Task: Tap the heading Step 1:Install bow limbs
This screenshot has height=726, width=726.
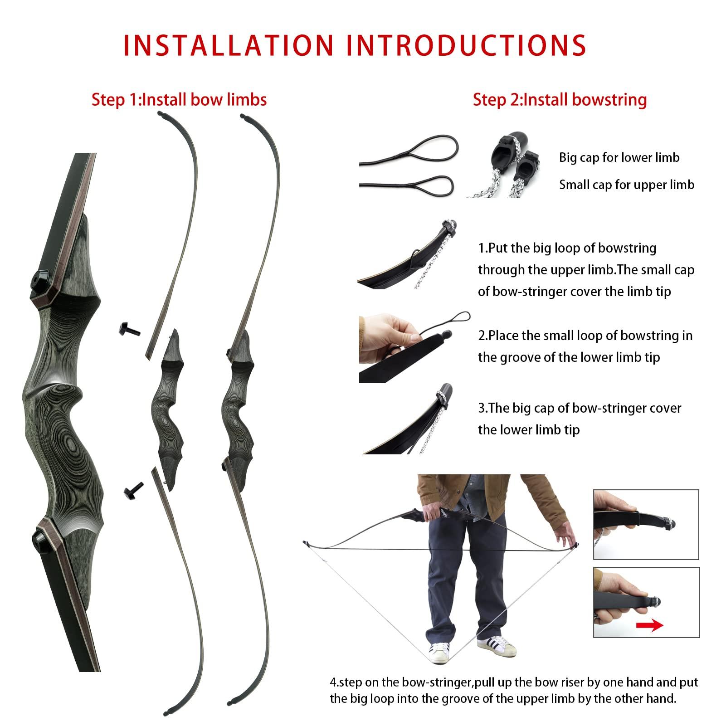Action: point(179,99)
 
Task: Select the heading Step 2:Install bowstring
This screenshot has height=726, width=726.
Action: point(560,99)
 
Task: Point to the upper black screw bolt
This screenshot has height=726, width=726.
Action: point(129,329)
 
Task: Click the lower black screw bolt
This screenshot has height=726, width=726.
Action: point(133,490)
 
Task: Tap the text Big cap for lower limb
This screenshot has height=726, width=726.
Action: point(619,157)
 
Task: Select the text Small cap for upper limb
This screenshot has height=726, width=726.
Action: point(626,185)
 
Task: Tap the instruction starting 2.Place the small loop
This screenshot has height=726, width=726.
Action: point(585,346)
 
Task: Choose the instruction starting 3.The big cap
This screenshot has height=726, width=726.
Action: point(579,419)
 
